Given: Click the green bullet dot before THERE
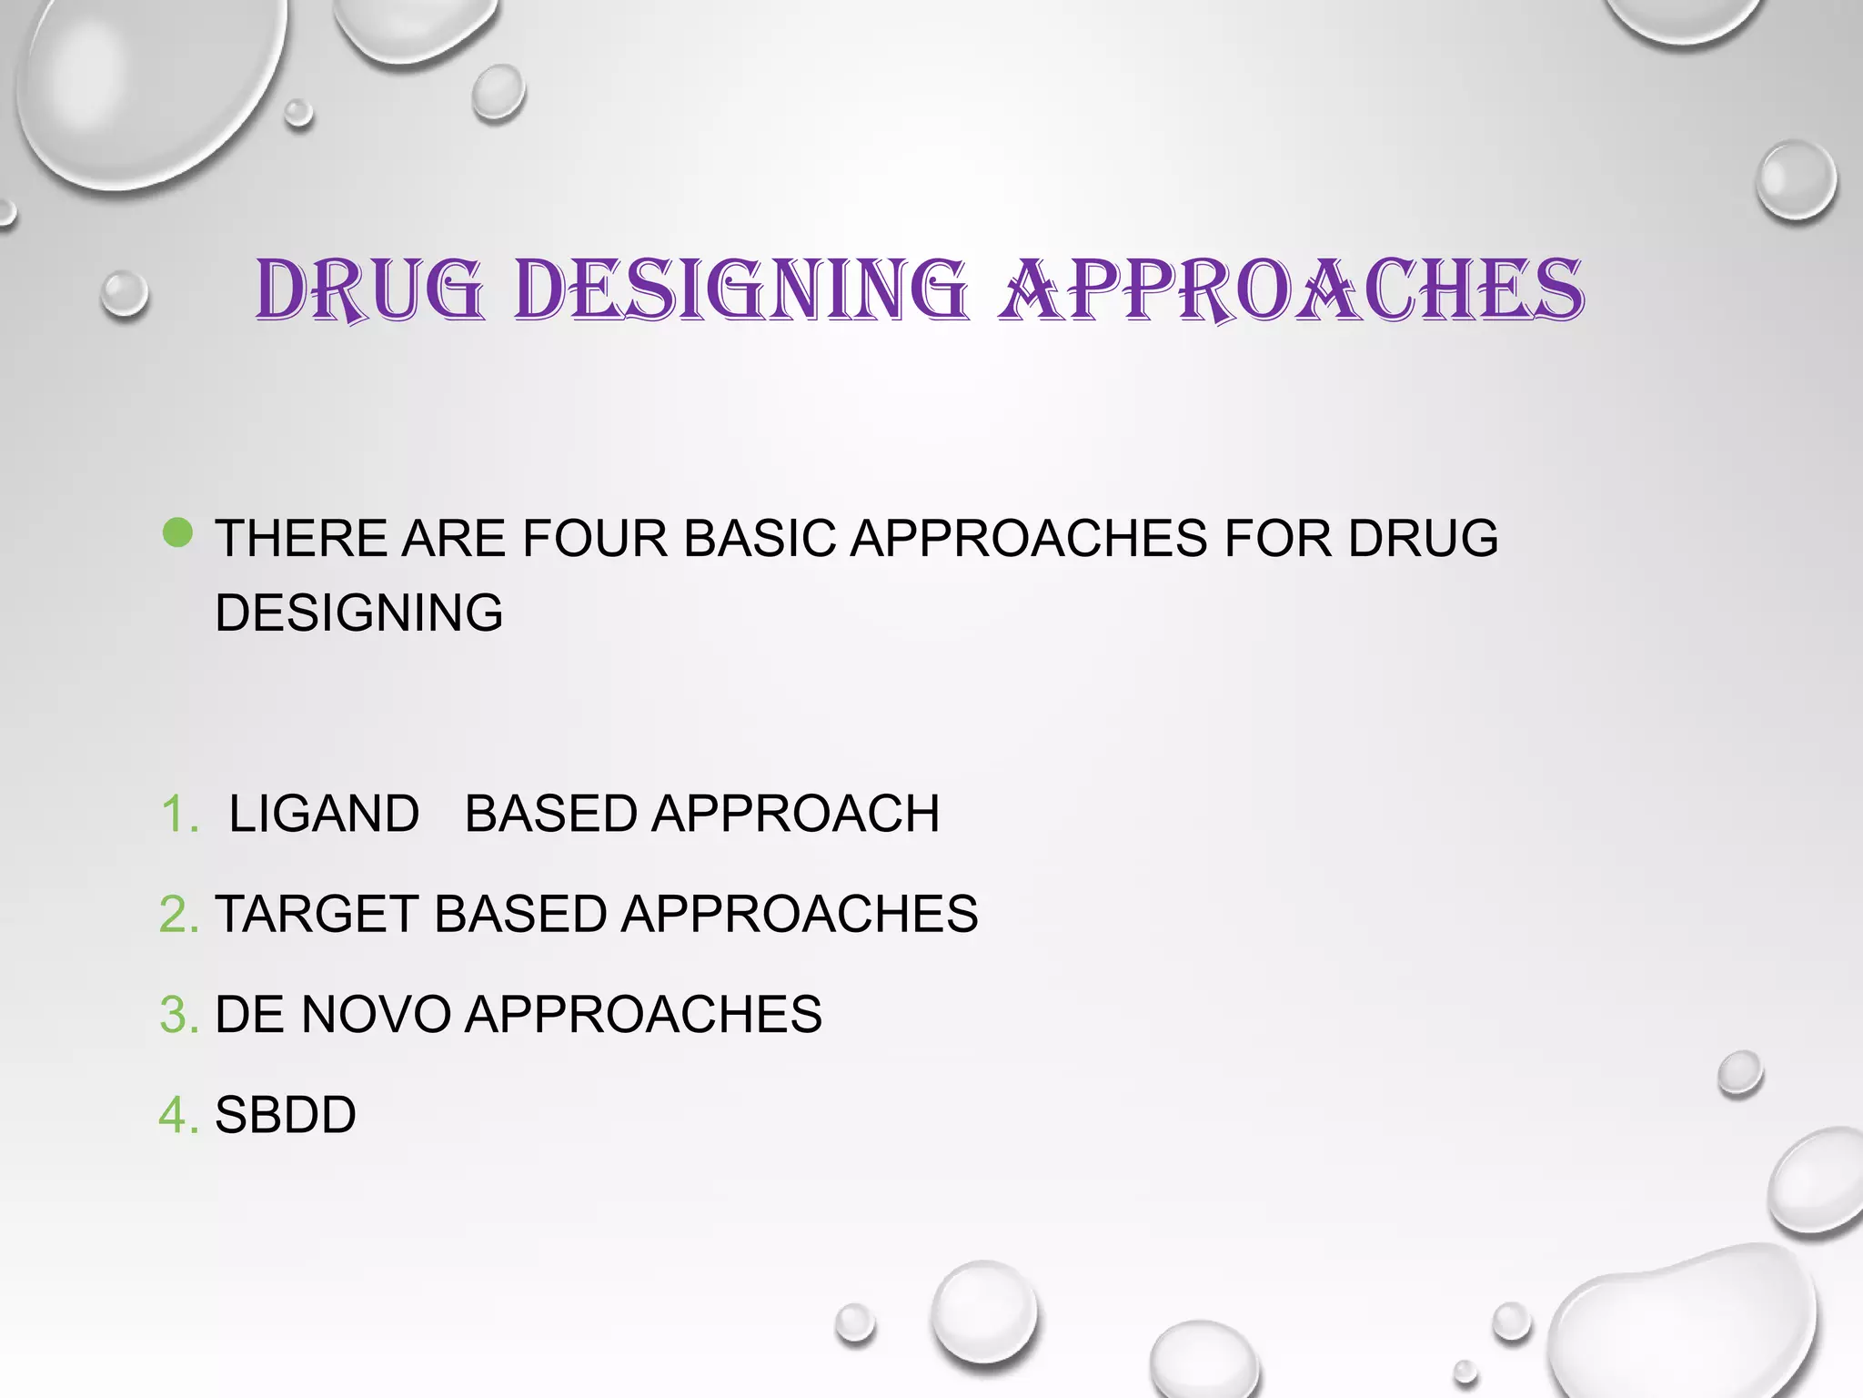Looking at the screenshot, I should (177, 533).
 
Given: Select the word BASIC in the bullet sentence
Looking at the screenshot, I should (760, 538).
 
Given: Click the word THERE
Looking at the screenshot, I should (301, 538).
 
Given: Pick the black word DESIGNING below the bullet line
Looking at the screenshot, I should (358, 613).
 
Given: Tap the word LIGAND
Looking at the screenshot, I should (324, 814).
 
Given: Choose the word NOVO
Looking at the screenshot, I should (376, 1014).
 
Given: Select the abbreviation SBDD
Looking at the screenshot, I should (285, 1115).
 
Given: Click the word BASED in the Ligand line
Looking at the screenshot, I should (550, 814).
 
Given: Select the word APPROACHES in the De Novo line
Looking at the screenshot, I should (643, 1014).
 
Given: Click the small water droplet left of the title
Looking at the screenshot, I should (125, 294).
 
